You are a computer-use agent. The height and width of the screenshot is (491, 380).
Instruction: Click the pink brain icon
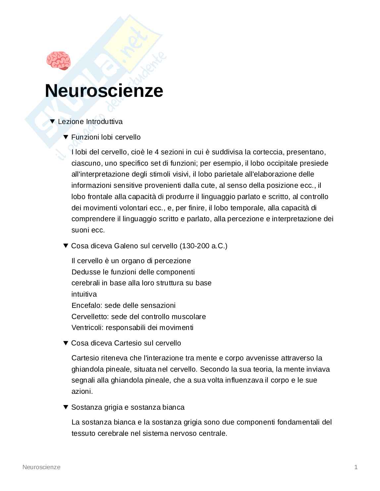pos(58,61)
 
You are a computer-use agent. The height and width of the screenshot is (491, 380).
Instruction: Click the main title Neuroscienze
pos(104,91)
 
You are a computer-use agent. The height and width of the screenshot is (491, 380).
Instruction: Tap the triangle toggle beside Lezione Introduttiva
pos(52,121)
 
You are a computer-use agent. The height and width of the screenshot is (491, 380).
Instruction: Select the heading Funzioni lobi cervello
pos(106,137)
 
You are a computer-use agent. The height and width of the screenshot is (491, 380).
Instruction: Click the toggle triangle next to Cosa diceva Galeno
pos(66,246)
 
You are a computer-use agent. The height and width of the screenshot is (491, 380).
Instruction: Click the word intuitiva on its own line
pos(84,294)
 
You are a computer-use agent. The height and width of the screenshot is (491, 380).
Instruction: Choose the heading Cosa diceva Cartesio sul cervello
pos(126,343)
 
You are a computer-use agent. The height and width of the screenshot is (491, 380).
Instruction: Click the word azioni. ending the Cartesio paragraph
pos(82,391)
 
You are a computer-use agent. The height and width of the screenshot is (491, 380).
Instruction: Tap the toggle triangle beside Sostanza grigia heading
pos(66,407)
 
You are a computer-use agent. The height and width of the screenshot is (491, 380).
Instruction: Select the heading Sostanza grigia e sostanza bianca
pos(128,407)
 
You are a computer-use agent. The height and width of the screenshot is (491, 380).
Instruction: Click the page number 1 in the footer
pos(356,467)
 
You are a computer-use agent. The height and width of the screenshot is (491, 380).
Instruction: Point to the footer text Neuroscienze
pos(41,467)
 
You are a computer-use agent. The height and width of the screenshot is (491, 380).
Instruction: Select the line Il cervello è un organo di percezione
pos(131,261)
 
